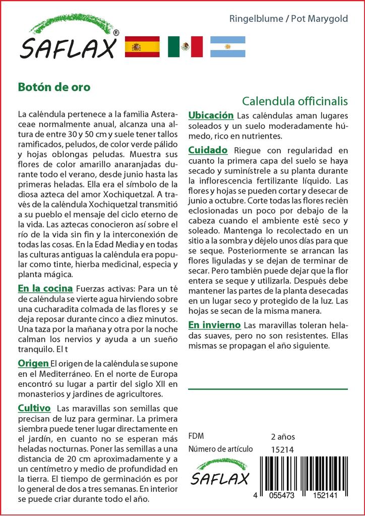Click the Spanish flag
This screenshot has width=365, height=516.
142,46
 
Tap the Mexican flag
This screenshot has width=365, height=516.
185,46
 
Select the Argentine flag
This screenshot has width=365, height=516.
227,46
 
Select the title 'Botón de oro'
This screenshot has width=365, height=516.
54,87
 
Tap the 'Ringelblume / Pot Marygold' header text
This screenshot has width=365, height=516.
288,19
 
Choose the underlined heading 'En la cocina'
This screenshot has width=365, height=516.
45,289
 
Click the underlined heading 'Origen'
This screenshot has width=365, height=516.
33,363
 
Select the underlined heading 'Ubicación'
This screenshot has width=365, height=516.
211,115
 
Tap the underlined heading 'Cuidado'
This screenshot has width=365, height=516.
208,150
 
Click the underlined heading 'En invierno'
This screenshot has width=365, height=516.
214,325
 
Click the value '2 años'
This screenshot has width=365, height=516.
283,437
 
